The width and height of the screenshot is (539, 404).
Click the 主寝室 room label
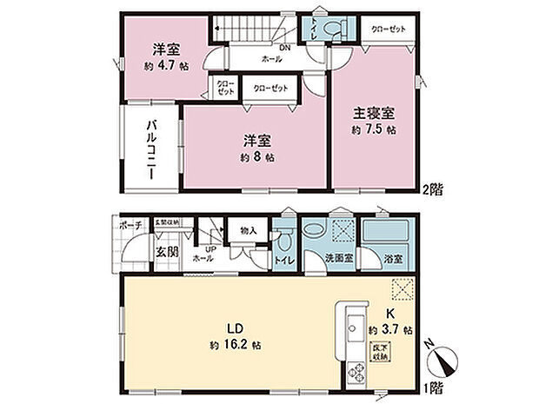click(x=375, y=113)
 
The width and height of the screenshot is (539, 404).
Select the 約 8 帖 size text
click(x=258, y=158)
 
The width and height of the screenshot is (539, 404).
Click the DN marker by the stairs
click(x=283, y=49)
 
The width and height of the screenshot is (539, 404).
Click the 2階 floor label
click(x=434, y=188)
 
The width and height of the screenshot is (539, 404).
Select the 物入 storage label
click(x=248, y=230)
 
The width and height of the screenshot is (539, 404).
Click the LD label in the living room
click(x=233, y=330)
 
